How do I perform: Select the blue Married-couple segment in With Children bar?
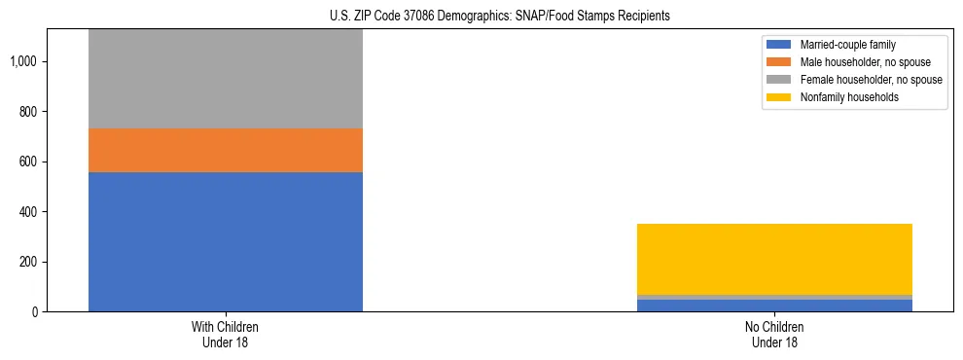point(226,241)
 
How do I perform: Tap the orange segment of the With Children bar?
point(226,150)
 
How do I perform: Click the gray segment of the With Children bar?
point(226,79)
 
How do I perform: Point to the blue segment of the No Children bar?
point(774,306)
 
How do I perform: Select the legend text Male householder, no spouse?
point(864,62)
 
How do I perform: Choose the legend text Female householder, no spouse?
point(871,80)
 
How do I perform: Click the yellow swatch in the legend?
point(779,97)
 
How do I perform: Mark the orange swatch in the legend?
point(779,62)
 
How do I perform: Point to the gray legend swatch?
point(779,80)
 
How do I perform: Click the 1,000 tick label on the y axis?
point(23,62)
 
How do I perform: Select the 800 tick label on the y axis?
point(28,112)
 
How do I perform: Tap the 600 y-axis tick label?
point(28,162)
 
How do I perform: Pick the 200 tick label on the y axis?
point(28,262)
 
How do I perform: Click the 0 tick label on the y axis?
point(35,312)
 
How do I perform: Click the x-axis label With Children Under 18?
point(226,335)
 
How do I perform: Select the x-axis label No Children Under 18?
point(774,335)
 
